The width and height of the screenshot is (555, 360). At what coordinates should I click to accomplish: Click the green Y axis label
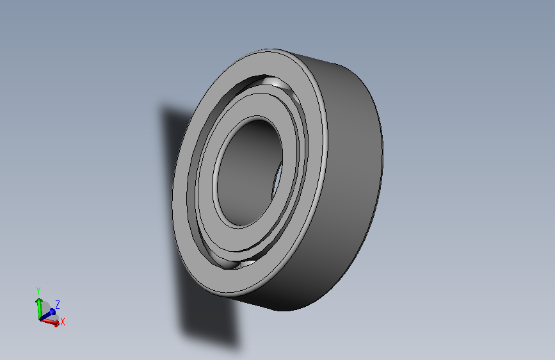click(x=38, y=291)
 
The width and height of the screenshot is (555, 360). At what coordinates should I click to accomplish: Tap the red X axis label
click(x=63, y=322)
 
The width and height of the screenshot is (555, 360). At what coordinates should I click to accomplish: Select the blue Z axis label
click(x=58, y=304)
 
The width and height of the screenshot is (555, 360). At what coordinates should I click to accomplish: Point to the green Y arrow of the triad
click(x=39, y=308)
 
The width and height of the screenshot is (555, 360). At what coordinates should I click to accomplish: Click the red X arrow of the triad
click(x=50, y=322)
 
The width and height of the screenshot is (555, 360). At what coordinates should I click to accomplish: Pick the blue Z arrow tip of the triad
click(x=52, y=311)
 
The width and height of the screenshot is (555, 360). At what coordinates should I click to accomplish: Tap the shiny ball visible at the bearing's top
click(x=273, y=82)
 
